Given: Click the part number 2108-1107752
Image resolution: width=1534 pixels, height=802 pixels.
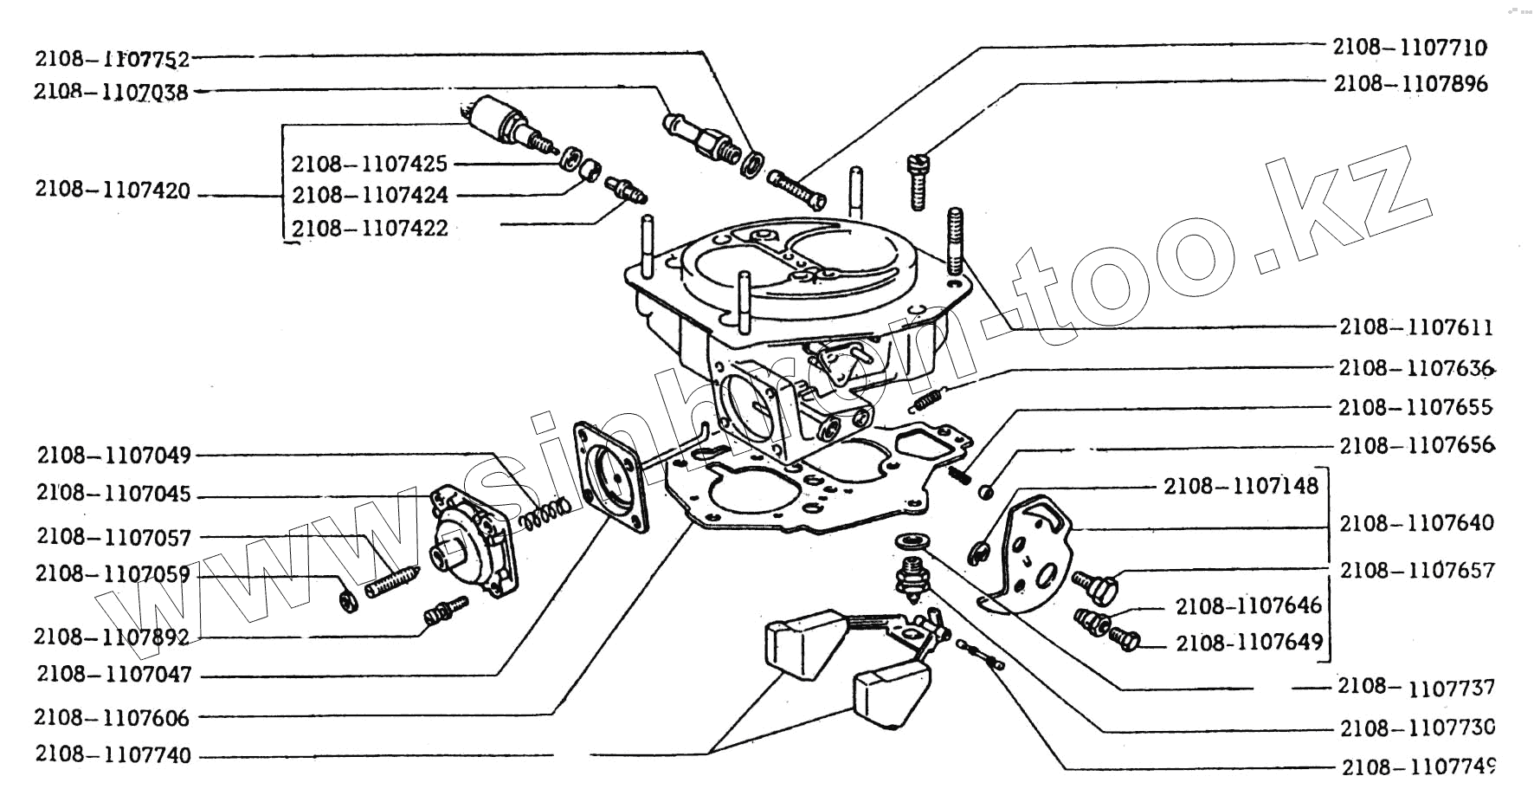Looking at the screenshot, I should point(113,58).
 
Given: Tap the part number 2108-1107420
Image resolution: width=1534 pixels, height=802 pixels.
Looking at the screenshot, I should point(113,190).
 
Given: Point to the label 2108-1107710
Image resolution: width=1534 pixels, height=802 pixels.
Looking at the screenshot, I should point(1409,47).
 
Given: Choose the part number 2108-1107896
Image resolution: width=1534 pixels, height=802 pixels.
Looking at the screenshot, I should point(1410,84).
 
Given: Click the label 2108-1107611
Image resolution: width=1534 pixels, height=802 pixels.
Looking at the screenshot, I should point(1416,327).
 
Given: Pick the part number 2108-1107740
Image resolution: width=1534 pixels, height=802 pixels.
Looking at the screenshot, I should point(113,754).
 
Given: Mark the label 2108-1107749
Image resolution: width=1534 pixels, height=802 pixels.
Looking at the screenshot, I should point(1418,767).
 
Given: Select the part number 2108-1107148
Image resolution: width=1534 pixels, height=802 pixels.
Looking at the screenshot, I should point(1241,486).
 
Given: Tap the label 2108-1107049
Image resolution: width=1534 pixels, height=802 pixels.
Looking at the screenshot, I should point(113,455).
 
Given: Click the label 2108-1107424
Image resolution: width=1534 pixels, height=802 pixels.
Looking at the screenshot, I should point(370,195).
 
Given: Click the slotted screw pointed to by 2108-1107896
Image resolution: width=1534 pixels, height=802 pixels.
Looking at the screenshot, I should point(919,180).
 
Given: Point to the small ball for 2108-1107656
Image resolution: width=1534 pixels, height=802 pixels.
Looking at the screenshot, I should point(985,492).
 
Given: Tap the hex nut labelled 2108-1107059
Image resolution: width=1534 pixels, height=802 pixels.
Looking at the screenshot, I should point(348,599).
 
